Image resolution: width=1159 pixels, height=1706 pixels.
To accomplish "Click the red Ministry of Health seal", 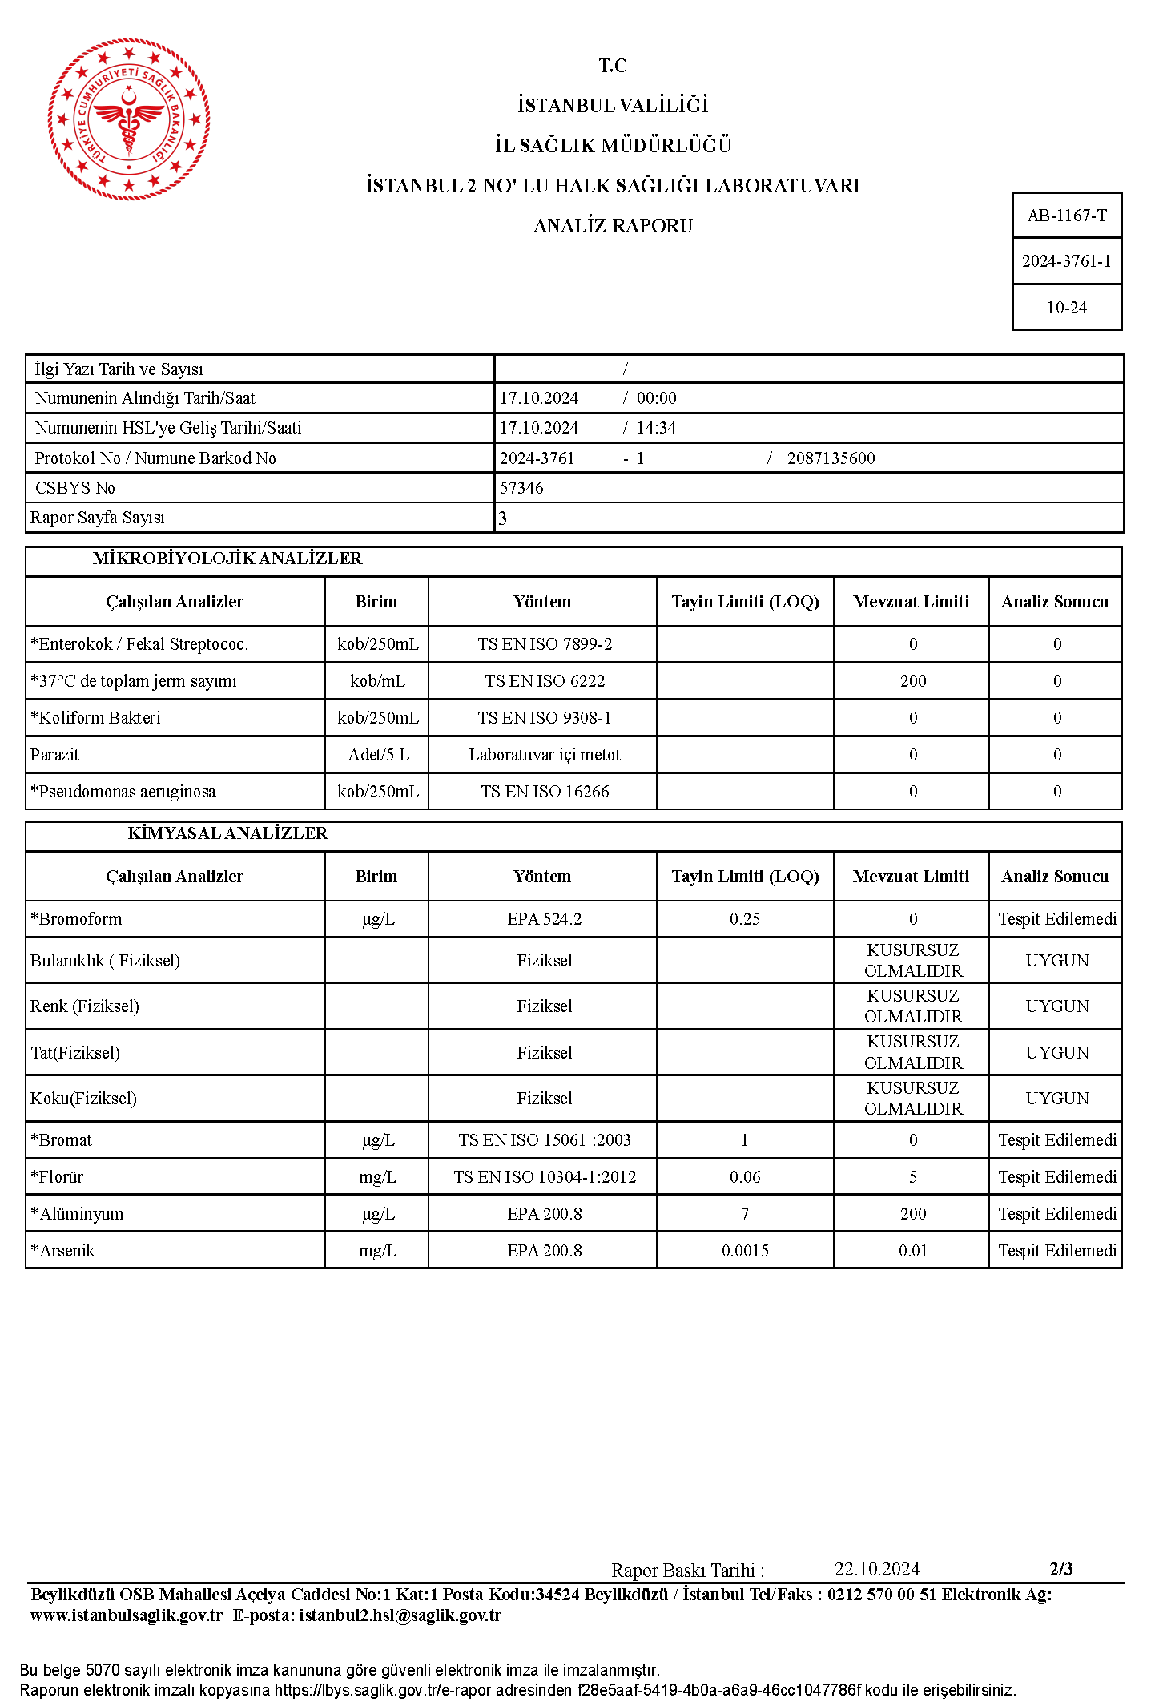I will pos(129,119).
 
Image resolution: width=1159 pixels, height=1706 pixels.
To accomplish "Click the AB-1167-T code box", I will pos(1067,216).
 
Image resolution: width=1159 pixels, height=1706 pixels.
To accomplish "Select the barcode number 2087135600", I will pos(831,458).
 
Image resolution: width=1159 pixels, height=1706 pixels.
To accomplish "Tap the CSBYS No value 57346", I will pos(521,488).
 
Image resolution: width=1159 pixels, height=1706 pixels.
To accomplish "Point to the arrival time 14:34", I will pos(656,428).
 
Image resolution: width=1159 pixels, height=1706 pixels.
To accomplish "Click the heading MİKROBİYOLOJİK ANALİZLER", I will pos(227,559).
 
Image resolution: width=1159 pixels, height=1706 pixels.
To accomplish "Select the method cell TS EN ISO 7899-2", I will pos(545,644).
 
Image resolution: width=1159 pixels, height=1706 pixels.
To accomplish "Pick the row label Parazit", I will pos(54,755).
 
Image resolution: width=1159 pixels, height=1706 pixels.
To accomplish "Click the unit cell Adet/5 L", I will pos(378,755).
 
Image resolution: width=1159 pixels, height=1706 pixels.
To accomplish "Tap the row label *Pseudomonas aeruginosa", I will pos(123,792).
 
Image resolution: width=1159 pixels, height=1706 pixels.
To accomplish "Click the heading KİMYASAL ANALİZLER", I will pos(227,833).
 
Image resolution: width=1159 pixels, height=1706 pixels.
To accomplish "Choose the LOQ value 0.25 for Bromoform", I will pos(745,919).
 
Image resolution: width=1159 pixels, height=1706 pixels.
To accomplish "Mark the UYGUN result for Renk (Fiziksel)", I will pos(1057,1006).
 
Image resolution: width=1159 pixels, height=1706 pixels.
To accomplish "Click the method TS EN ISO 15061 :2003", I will pos(545,1140).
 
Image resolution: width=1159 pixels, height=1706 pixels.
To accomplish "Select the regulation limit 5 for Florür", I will pos(913,1177).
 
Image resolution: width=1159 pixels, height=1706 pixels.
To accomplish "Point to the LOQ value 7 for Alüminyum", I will pos(745,1214).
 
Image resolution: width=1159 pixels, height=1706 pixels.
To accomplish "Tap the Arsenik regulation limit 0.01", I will pos(913,1251).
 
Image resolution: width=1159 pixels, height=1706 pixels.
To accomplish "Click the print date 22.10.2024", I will pos(877,1569).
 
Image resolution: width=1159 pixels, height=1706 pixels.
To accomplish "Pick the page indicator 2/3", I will pos(1061,1569).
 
